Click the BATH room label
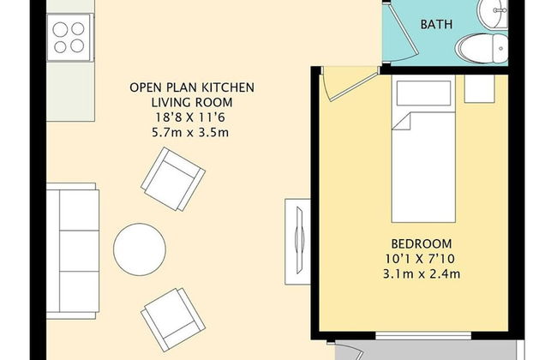coord(436,24)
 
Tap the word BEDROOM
coord(422,243)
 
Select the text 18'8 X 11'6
coord(190,117)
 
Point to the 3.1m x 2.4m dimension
coord(422,274)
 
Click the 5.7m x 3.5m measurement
coord(190,133)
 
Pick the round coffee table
coord(140,249)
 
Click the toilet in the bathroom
coord(482,49)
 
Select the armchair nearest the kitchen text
coord(173,179)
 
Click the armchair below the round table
coord(173,320)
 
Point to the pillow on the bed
coord(423,93)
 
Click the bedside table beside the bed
coord(480,89)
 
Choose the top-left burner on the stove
coord(60,29)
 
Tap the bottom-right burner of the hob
coord(77,45)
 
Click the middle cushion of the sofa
coord(79,251)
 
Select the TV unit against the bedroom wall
coord(297,242)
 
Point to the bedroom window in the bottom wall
coord(423,336)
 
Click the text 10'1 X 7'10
coord(420,259)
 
